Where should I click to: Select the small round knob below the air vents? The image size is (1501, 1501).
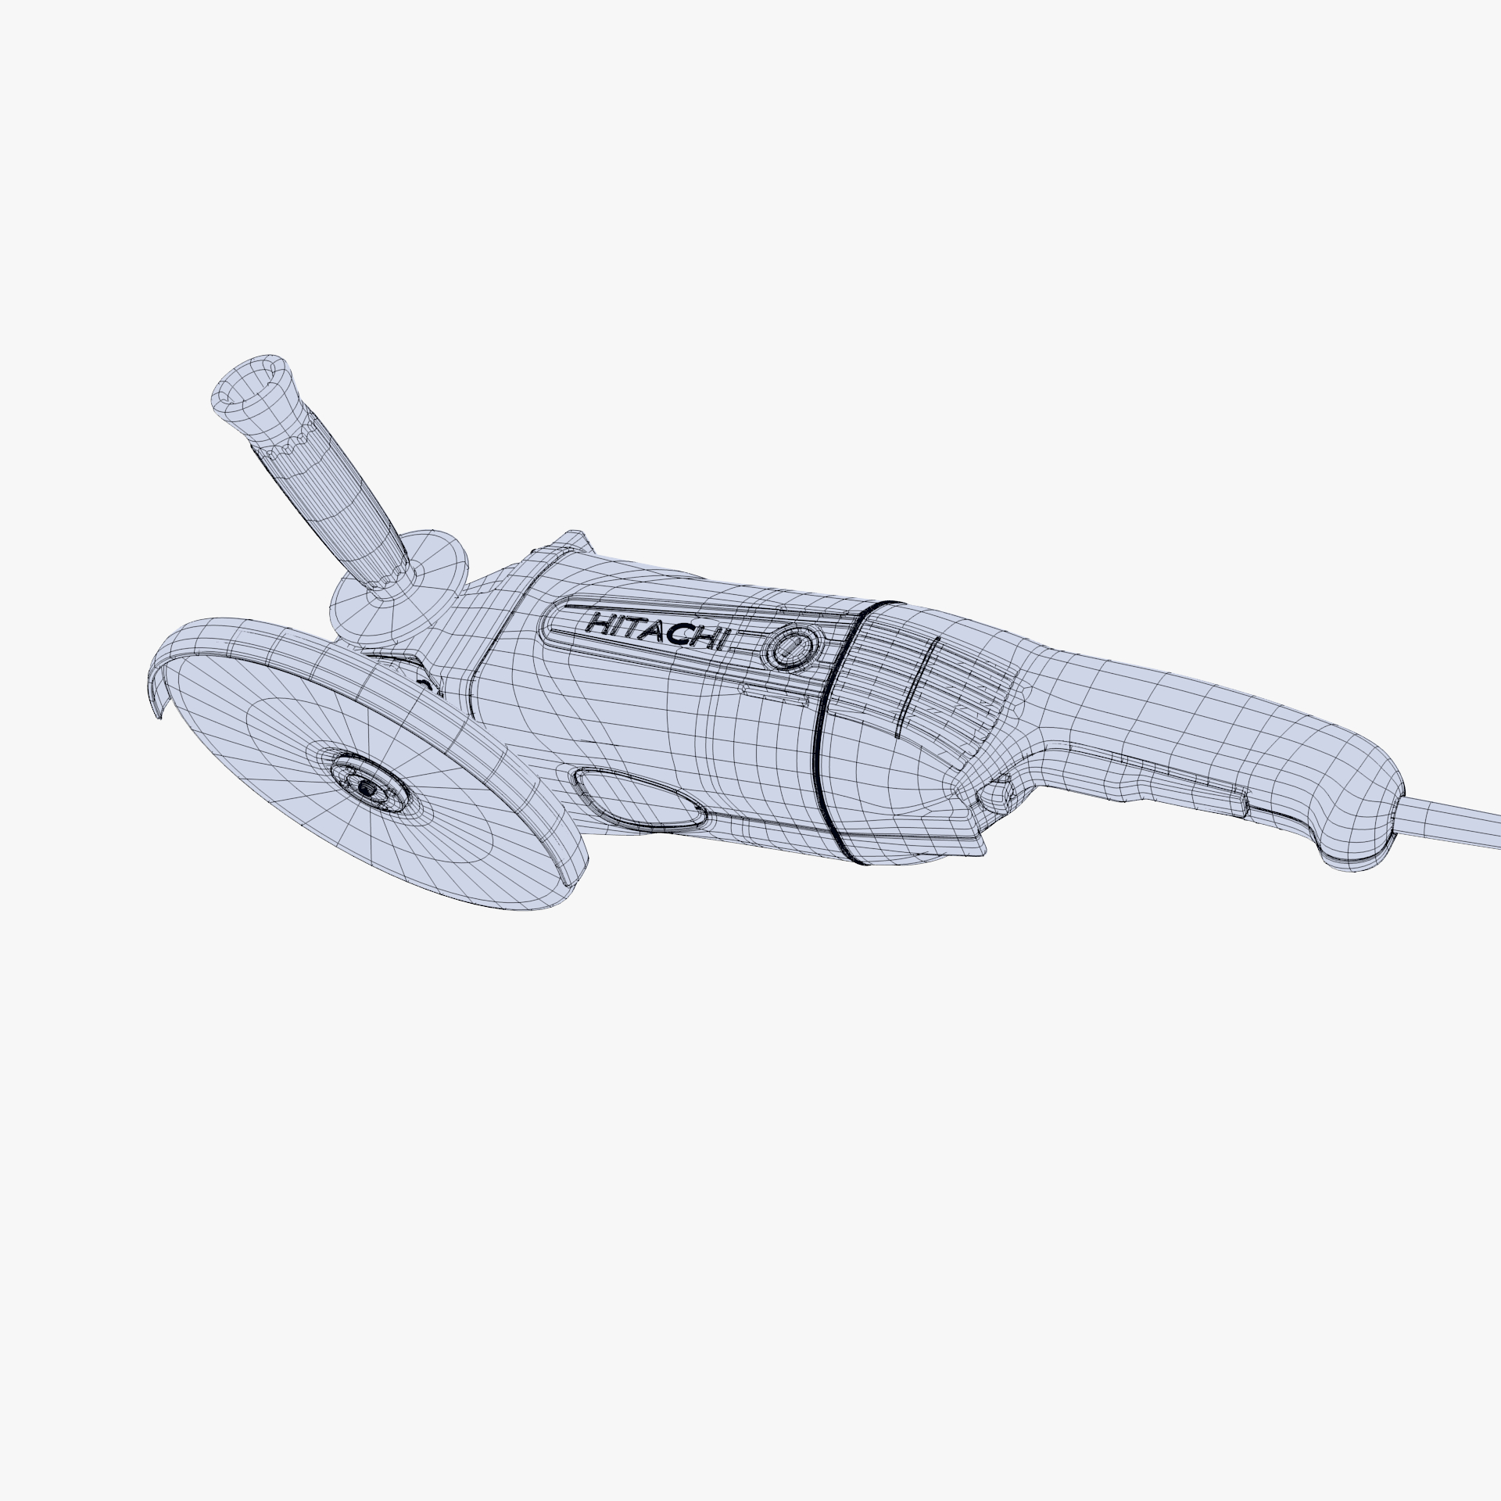click(1000, 797)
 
